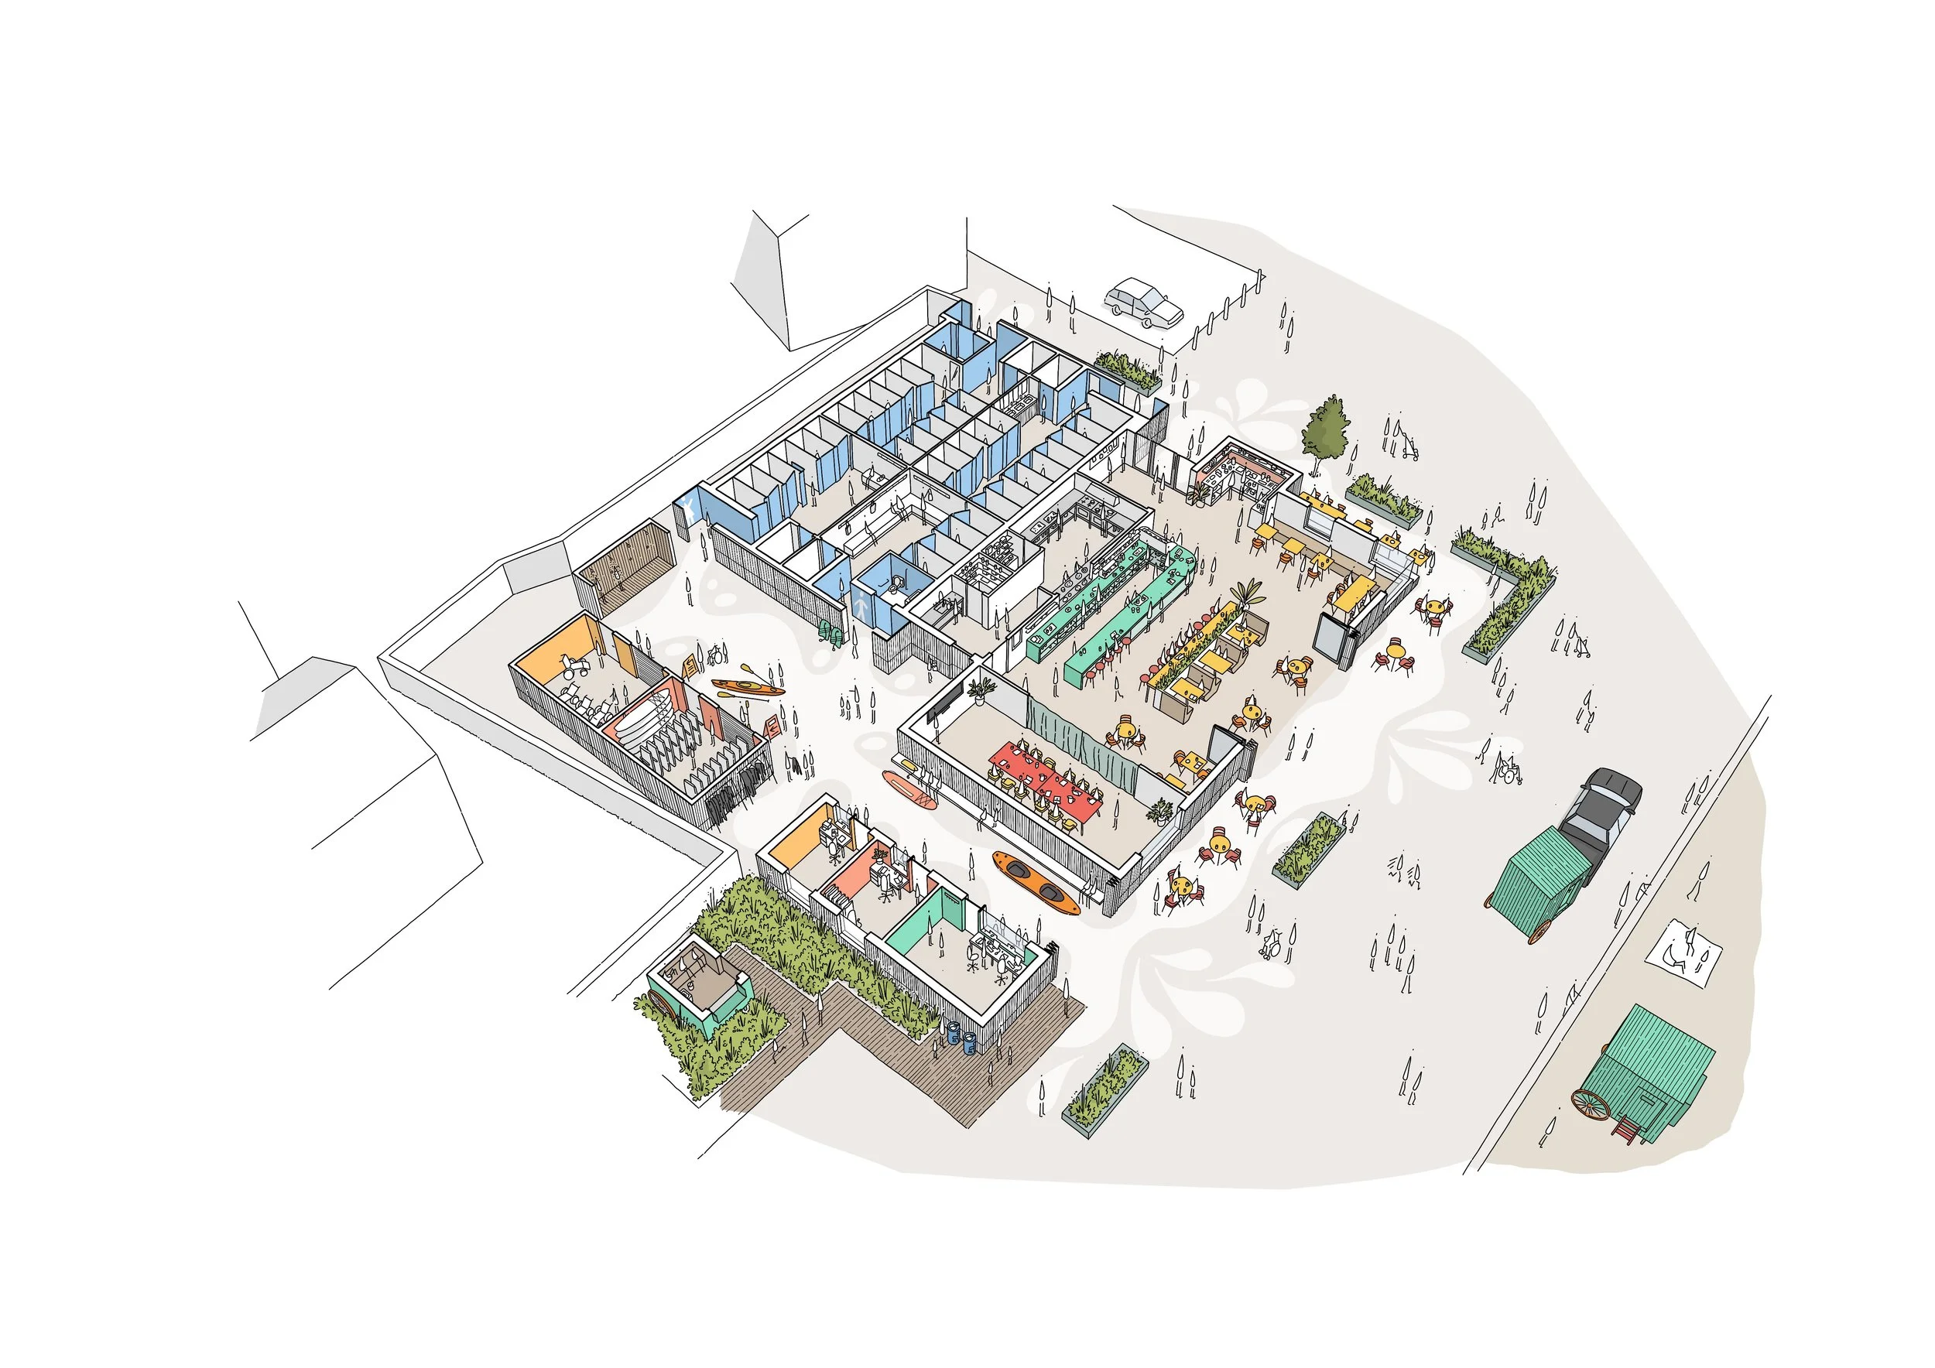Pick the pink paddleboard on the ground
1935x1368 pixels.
pos(909,788)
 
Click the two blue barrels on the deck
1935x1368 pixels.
pos(961,1038)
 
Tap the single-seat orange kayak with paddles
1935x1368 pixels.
pos(748,687)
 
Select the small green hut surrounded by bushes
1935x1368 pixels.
pos(698,987)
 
